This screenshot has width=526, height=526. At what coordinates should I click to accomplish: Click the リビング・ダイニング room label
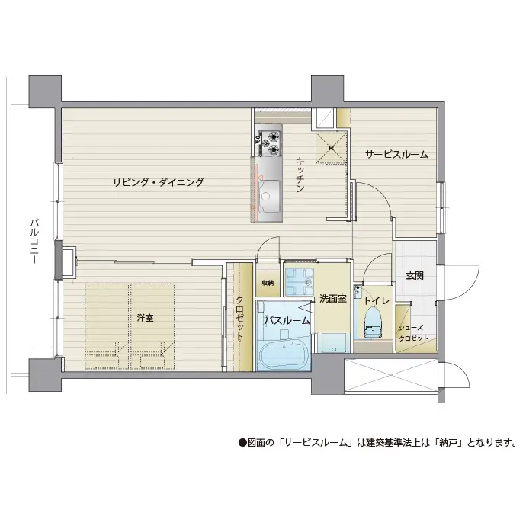[x=158, y=182]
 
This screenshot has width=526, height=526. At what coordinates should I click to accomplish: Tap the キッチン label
[x=300, y=174]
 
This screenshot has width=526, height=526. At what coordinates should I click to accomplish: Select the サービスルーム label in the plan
[x=396, y=154]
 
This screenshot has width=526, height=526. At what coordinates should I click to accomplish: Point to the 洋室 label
[x=146, y=318]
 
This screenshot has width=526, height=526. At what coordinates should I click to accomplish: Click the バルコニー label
[x=34, y=241]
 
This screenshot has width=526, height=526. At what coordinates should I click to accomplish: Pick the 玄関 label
[x=415, y=276]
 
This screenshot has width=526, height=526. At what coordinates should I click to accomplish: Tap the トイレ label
[x=377, y=300]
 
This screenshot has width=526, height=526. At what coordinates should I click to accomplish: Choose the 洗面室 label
[x=333, y=299]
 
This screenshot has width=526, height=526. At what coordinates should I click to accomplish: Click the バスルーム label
[x=287, y=321]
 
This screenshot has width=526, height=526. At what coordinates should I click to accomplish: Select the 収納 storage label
[x=268, y=283]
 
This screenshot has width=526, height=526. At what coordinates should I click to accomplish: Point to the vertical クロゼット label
[x=239, y=318]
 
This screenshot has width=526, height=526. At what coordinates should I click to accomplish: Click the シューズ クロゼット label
[x=413, y=333]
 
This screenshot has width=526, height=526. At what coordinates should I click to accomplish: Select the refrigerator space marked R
[x=331, y=148]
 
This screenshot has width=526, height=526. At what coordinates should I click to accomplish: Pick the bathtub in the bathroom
[x=284, y=354]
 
